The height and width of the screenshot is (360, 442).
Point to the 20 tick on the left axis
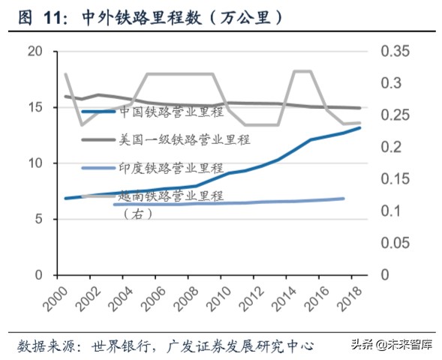pyautogui.click(x=35, y=51)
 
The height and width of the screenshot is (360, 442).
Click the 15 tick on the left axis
pyautogui.click(x=35, y=107)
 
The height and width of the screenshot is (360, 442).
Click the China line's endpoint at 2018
pyautogui.click(x=360, y=127)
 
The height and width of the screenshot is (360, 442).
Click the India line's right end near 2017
pyautogui.click(x=344, y=199)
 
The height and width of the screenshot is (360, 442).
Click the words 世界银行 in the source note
pyautogui.click(x=118, y=346)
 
